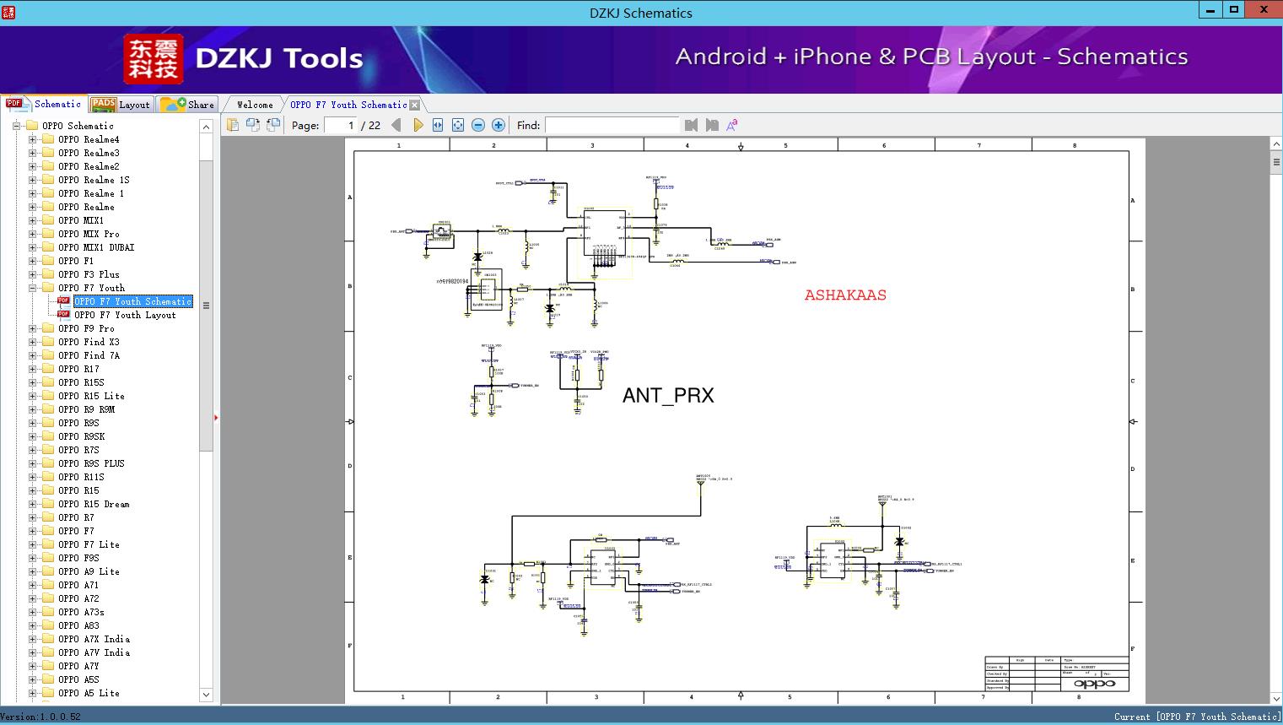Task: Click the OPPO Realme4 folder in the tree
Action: coord(88,139)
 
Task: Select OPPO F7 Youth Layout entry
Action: coord(125,315)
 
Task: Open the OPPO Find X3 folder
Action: coord(89,342)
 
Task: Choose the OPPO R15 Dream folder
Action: coord(94,504)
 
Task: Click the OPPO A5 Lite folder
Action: coord(89,693)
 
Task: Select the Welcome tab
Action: coord(255,105)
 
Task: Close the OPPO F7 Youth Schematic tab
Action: coord(414,106)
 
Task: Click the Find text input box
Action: coord(612,125)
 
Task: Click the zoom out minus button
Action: coord(478,125)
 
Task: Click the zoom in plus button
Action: coord(499,125)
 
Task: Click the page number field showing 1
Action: coord(341,125)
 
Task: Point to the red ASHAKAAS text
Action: coord(845,295)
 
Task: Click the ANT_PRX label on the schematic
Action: coord(668,395)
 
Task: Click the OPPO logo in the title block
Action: coord(1094,684)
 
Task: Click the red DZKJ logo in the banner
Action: coord(153,59)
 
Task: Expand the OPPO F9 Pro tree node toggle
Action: coord(32,328)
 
